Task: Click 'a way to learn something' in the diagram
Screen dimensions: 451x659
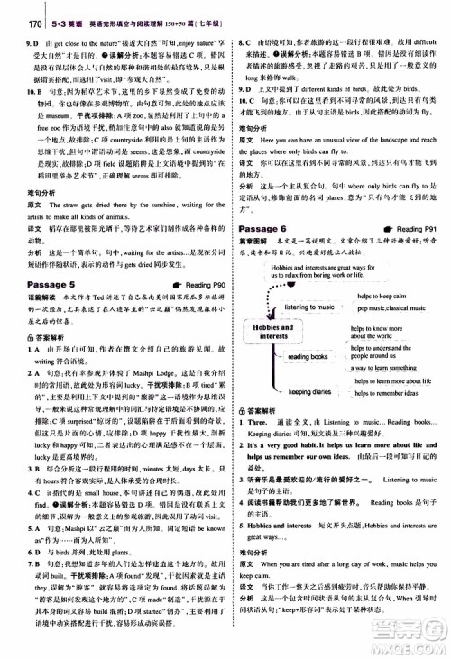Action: click(x=385, y=368)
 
